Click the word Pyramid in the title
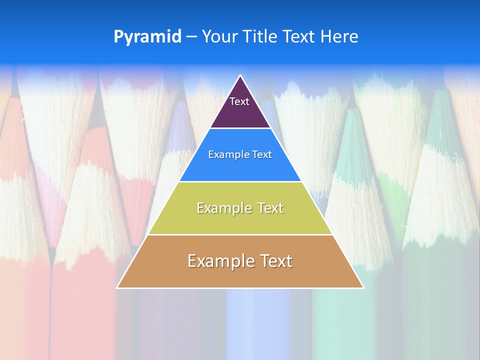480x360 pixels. click(147, 37)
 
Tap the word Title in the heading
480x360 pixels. click(260, 36)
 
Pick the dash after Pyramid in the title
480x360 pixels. click(191, 37)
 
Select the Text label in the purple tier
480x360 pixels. click(239, 101)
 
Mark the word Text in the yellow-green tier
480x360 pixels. click(270, 208)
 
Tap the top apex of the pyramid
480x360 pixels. click(240, 76)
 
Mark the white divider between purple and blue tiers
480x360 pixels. click(240, 128)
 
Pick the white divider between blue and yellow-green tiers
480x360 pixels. click(240, 181)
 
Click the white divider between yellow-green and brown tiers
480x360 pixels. click(240, 234)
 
